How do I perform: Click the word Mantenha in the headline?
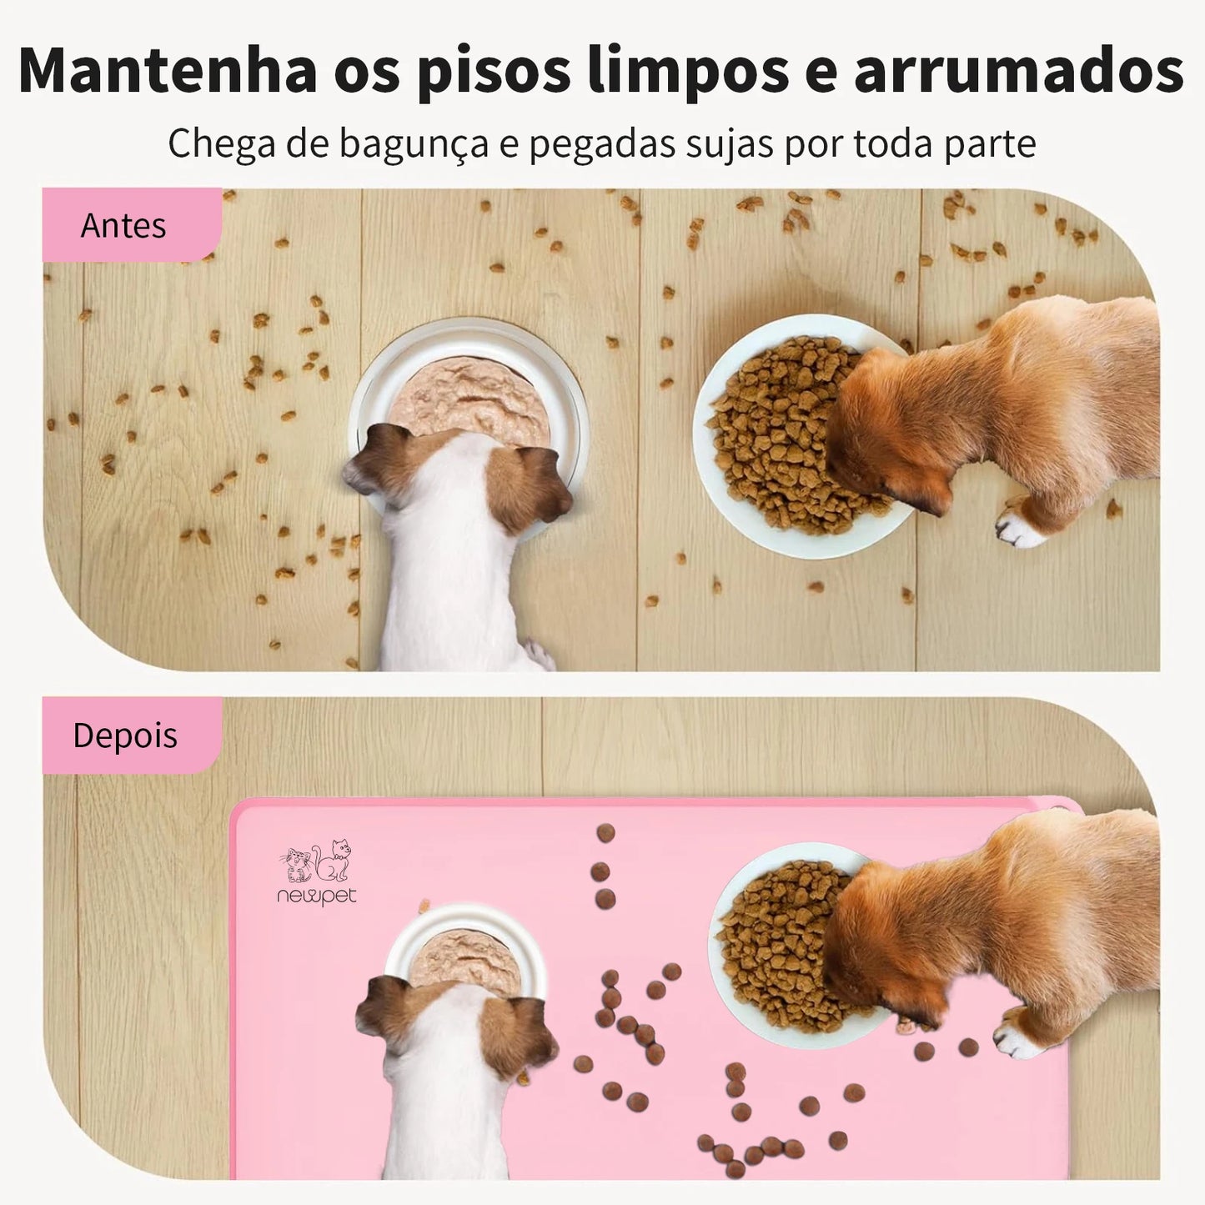click(167, 71)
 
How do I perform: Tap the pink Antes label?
click(123, 226)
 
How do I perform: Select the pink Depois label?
click(125, 736)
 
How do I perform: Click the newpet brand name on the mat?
click(317, 896)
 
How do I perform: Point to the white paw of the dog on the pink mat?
click(1017, 1039)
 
